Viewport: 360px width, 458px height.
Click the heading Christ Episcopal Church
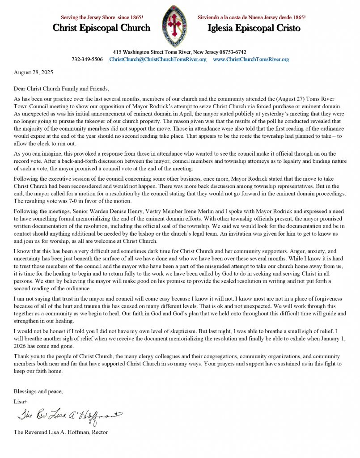[x=102, y=28]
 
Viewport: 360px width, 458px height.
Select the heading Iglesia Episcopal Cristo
[x=254, y=28]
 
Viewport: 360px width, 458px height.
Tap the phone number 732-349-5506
[x=87, y=59]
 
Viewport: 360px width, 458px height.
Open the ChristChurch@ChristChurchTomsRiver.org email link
[x=158, y=59]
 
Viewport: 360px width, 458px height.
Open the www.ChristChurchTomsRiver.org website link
[x=251, y=59]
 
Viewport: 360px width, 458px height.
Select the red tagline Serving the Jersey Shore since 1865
[x=102, y=17]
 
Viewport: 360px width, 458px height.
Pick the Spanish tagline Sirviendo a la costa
[x=251, y=17]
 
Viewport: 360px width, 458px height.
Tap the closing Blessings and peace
[x=38, y=391]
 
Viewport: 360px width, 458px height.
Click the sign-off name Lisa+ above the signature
[x=21, y=401]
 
